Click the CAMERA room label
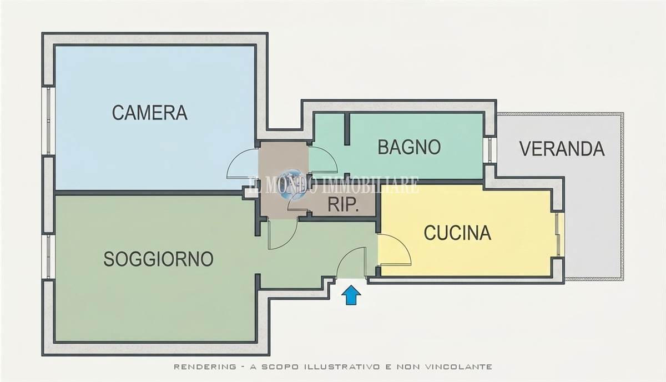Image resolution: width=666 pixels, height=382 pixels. click(149, 113)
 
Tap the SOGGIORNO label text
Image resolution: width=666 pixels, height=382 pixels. click(158, 259)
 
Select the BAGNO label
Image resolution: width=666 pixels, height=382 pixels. click(409, 147)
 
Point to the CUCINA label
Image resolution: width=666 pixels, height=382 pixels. click(457, 233)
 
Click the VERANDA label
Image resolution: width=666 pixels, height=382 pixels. click(562, 149)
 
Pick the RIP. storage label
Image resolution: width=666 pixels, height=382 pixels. click(343, 204)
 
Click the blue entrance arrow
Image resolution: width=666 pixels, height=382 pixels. click(351, 295)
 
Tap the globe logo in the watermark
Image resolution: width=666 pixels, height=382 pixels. click(292, 184)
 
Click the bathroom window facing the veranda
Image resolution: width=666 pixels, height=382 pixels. click(490, 150)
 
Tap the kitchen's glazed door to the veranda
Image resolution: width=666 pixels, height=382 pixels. click(559, 234)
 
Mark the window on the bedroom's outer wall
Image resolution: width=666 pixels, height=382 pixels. click(48, 120)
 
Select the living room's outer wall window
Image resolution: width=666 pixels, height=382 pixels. click(48, 257)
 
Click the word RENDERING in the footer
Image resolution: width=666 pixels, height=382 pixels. click(205, 366)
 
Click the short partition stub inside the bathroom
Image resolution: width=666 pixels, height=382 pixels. click(347, 129)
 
